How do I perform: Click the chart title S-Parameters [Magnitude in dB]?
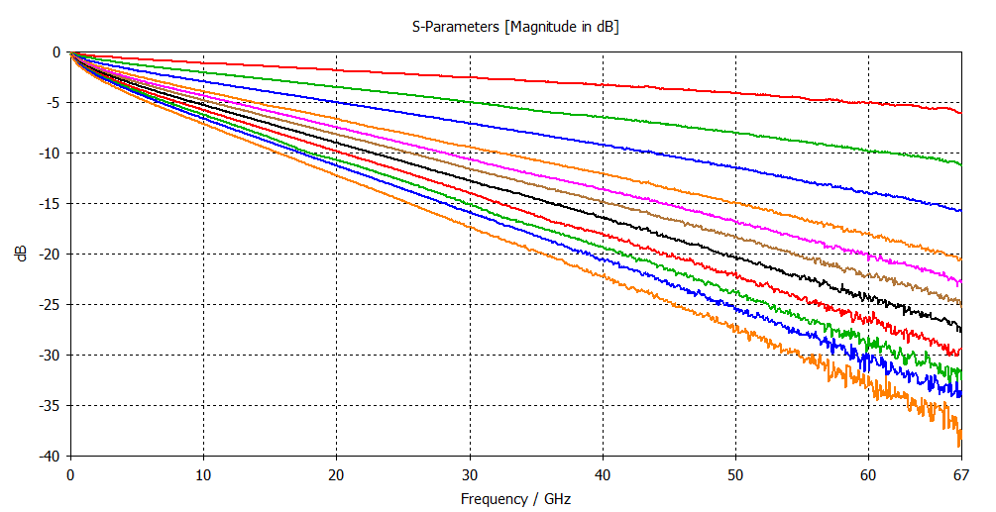[515, 27]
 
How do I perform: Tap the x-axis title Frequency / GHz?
[515, 499]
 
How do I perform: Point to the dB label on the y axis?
[21, 254]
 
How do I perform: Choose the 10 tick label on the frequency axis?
[203, 474]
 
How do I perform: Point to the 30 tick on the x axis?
[470, 474]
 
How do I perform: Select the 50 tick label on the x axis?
[735, 474]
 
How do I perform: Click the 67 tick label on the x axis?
[961, 474]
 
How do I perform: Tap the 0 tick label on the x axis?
[70, 474]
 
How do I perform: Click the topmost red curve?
[515, 79]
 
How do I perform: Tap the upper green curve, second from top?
[515, 105]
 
